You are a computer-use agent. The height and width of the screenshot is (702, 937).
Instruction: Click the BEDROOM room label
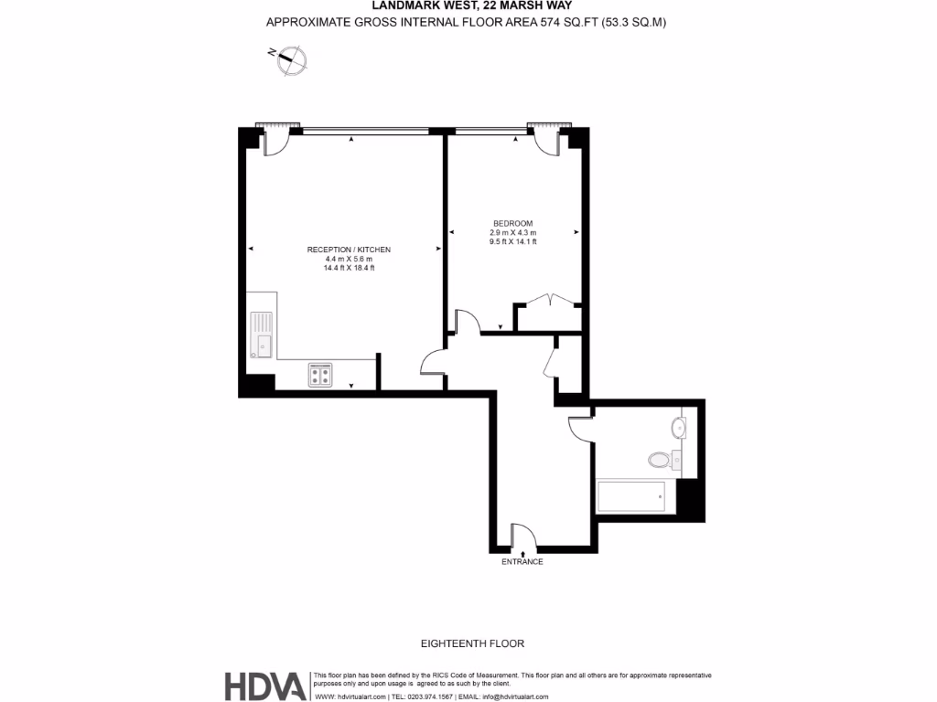coord(512,224)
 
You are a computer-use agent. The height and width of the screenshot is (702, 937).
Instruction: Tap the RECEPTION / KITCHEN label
coord(349,250)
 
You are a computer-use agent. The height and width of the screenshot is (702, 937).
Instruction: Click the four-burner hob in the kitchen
coord(320,374)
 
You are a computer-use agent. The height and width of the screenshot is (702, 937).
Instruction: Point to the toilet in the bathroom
coord(661,459)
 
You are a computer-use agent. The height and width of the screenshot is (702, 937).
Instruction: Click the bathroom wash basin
coord(679,428)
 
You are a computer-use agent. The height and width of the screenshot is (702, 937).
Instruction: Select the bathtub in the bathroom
coord(631,497)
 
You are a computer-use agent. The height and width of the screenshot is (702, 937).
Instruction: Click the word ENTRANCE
coord(522,562)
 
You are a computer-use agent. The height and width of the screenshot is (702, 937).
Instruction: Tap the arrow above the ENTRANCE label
coord(522,552)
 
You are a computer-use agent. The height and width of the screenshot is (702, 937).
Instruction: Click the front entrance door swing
coord(522,535)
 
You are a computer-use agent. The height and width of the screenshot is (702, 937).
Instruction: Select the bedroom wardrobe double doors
coord(547,303)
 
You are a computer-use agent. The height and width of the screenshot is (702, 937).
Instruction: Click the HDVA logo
coord(265,686)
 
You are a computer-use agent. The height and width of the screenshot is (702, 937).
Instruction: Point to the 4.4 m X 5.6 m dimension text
coord(349,259)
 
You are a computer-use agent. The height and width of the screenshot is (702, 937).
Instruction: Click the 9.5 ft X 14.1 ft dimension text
coord(512,242)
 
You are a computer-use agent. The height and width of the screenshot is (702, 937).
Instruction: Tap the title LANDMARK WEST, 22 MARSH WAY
coord(468,6)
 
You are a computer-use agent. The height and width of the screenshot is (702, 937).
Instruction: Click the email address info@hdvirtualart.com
coord(516,697)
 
